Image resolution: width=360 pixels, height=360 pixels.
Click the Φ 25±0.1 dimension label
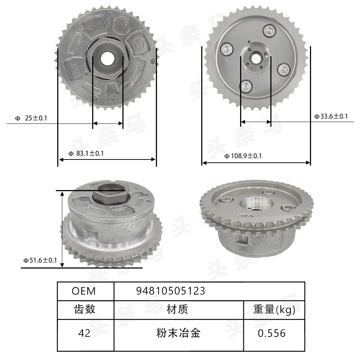[31, 118]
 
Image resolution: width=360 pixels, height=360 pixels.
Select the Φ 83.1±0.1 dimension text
[86, 153]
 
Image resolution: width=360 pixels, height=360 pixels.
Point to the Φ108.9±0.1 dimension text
[243, 156]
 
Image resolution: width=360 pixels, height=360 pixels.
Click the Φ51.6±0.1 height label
[40, 260]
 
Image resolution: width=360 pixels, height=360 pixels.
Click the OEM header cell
[84, 291]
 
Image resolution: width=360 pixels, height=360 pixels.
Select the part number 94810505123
[171, 291]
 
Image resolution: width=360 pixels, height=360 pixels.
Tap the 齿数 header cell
[85, 309]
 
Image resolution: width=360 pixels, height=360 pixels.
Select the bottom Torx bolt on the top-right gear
[246, 85]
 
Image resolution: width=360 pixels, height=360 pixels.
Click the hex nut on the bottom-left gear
[109, 194]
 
